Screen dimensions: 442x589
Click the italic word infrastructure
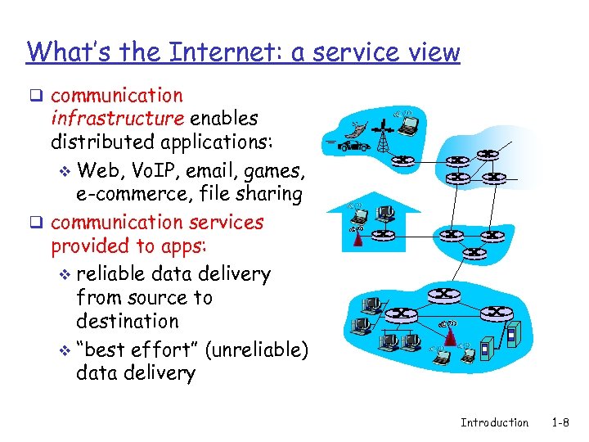pos(117,119)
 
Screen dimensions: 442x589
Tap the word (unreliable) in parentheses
pos(257,350)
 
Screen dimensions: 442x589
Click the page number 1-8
pos(560,422)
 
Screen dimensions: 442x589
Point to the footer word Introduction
pos(494,422)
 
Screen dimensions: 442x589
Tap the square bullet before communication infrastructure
pos(36,97)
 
